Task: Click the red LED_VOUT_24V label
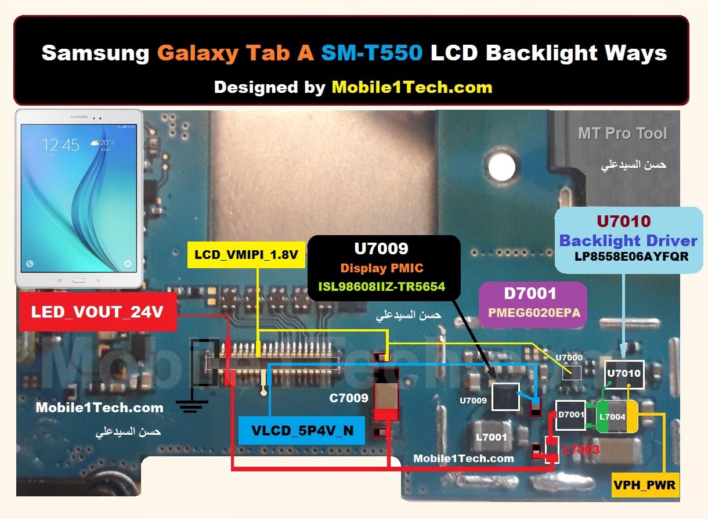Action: pos(97,312)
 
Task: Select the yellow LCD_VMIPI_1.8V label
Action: pos(246,255)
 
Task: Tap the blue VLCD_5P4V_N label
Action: pos(302,430)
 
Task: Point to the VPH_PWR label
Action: pos(645,485)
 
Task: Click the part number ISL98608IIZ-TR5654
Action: pos(381,287)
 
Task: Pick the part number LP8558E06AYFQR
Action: pos(631,256)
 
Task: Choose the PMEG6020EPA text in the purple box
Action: pos(534,312)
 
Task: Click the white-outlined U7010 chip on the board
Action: pos(624,374)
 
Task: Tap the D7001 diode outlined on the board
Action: pos(570,415)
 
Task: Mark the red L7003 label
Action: pos(581,449)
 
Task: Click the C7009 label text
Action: pos(349,398)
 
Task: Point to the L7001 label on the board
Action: pos(492,437)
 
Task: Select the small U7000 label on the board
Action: pos(569,358)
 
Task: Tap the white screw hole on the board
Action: pos(501,167)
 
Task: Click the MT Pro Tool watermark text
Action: pos(622,133)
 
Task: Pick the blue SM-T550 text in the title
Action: pos(371,52)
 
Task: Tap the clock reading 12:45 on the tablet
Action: pos(60,145)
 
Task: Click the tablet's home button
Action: pos(78,280)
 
